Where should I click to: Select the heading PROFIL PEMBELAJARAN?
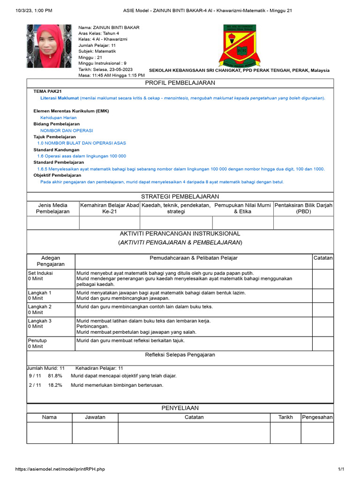pos(180,83)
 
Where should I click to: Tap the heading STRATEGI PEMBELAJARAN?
pos(180,196)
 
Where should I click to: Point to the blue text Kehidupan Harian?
pos(58,118)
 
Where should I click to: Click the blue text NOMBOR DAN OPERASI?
pos(67,130)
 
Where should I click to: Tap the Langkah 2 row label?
pos(40,307)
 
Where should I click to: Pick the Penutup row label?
pos(37,340)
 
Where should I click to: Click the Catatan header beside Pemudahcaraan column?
pos(323,258)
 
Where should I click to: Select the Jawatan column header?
pos(95,417)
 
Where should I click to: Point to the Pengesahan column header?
pos(317,417)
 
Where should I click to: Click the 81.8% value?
pos(55,376)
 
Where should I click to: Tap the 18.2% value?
pos(55,385)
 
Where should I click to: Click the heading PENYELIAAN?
pos(180,408)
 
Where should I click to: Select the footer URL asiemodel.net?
pos(60,469)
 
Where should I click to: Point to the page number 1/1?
pos(341,469)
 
